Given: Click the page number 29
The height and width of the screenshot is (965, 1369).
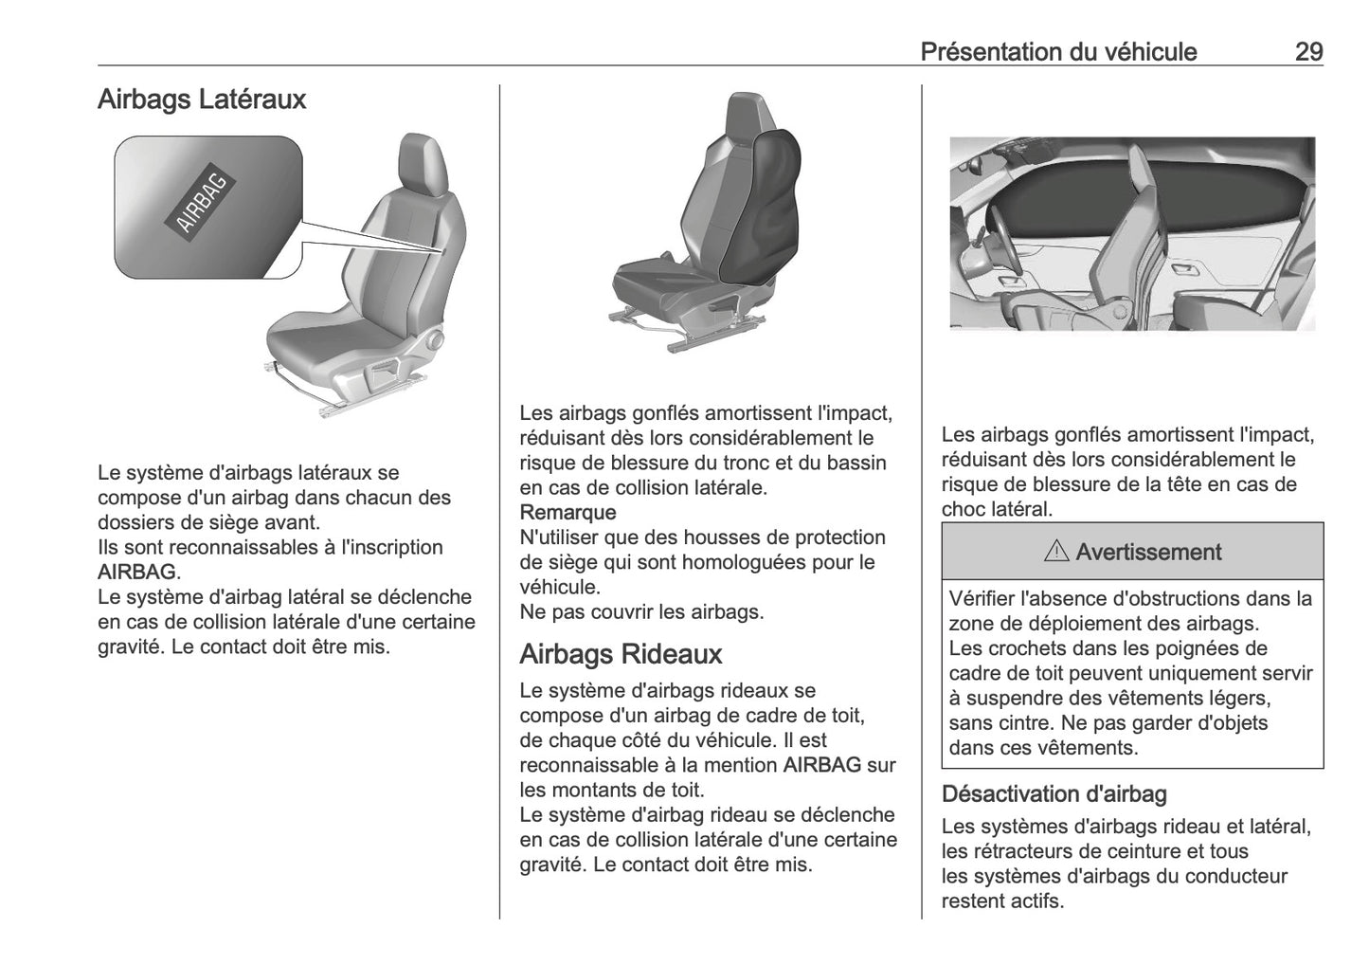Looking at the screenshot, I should coord(1308,51).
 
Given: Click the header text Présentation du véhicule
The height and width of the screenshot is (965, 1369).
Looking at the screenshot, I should coord(1058,51).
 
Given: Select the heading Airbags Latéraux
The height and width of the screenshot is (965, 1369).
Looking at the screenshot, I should coord(202,100).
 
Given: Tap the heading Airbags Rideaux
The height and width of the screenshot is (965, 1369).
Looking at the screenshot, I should coord(621,654).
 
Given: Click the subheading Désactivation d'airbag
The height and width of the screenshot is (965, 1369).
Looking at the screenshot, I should coord(1054,793).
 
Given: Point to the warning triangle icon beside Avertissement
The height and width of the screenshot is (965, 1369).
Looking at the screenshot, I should coord(1056,552).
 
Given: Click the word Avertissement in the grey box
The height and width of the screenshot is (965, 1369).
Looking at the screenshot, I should coord(1148,552).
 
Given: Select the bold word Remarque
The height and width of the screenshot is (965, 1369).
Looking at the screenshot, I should coord(567,513).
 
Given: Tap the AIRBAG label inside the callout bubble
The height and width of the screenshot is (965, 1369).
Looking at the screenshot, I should coord(202,202).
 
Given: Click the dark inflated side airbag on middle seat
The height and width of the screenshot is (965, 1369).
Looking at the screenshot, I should coord(763,204).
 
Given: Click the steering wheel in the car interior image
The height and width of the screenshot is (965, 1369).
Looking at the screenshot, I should coord(1004,246).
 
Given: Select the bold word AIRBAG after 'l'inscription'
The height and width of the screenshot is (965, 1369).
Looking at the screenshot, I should coord(136,573).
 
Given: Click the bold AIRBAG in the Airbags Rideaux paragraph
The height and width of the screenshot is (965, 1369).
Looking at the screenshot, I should coord(821,765).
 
